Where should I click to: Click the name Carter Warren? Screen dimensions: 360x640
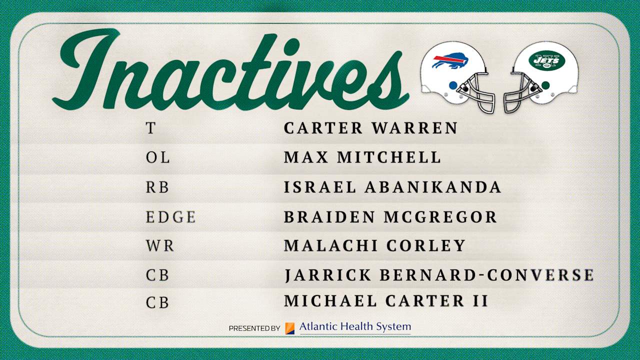(x=370, y=128)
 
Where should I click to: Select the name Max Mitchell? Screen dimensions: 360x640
(x=362, y=157)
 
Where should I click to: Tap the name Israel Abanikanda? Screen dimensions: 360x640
(x=392, y=187)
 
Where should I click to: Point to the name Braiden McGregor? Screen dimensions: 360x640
(x=390, y=217)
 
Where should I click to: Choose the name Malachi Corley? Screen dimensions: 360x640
(x=375, y=245)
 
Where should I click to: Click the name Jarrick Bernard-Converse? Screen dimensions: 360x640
(x=439, y=275)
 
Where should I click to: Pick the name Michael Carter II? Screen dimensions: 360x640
(x=386, y=301)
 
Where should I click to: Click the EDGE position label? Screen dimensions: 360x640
(x=170, y=217)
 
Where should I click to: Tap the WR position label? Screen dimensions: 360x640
(x=160, y=246)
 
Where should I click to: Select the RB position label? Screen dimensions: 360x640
(x=157, y=187)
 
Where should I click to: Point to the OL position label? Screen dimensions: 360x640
(x=157, y=158)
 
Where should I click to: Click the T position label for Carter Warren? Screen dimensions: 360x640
(x=150, y=128)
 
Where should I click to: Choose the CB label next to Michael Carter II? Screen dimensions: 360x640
(x=157, y=303)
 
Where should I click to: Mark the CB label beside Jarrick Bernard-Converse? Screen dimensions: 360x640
(x=157, y=275)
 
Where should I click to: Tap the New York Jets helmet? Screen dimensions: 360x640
(x=542, y=75)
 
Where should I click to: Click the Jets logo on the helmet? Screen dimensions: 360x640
(x=546, y=61)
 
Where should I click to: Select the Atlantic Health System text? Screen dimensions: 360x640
(x=355, y=327)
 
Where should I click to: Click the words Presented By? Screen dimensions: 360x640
(x=254, y=328)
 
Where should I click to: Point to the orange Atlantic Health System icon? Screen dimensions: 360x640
(x=289, y=328)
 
